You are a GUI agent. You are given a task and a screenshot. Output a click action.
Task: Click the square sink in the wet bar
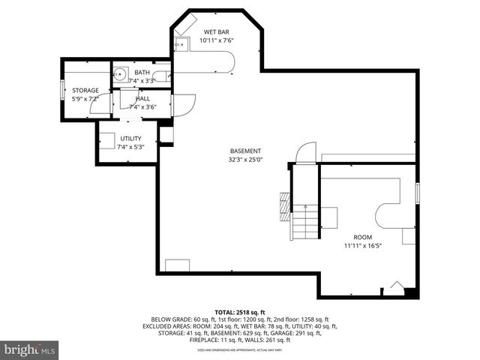181,46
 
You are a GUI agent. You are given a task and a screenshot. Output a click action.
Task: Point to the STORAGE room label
85,90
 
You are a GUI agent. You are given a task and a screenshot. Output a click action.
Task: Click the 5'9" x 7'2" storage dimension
85,98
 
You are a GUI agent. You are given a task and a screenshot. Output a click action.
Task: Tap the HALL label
142,98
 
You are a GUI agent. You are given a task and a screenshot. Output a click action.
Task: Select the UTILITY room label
130,139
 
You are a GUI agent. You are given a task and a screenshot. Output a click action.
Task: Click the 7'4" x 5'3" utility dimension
130,147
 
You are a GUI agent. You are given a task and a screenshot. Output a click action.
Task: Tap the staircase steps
305,220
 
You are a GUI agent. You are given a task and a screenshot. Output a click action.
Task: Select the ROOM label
363,236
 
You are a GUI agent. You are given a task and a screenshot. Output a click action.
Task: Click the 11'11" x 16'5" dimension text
363,245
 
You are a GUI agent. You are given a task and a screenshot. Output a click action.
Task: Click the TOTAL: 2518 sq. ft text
240,311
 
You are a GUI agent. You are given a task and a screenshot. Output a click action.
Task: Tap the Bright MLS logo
30,349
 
